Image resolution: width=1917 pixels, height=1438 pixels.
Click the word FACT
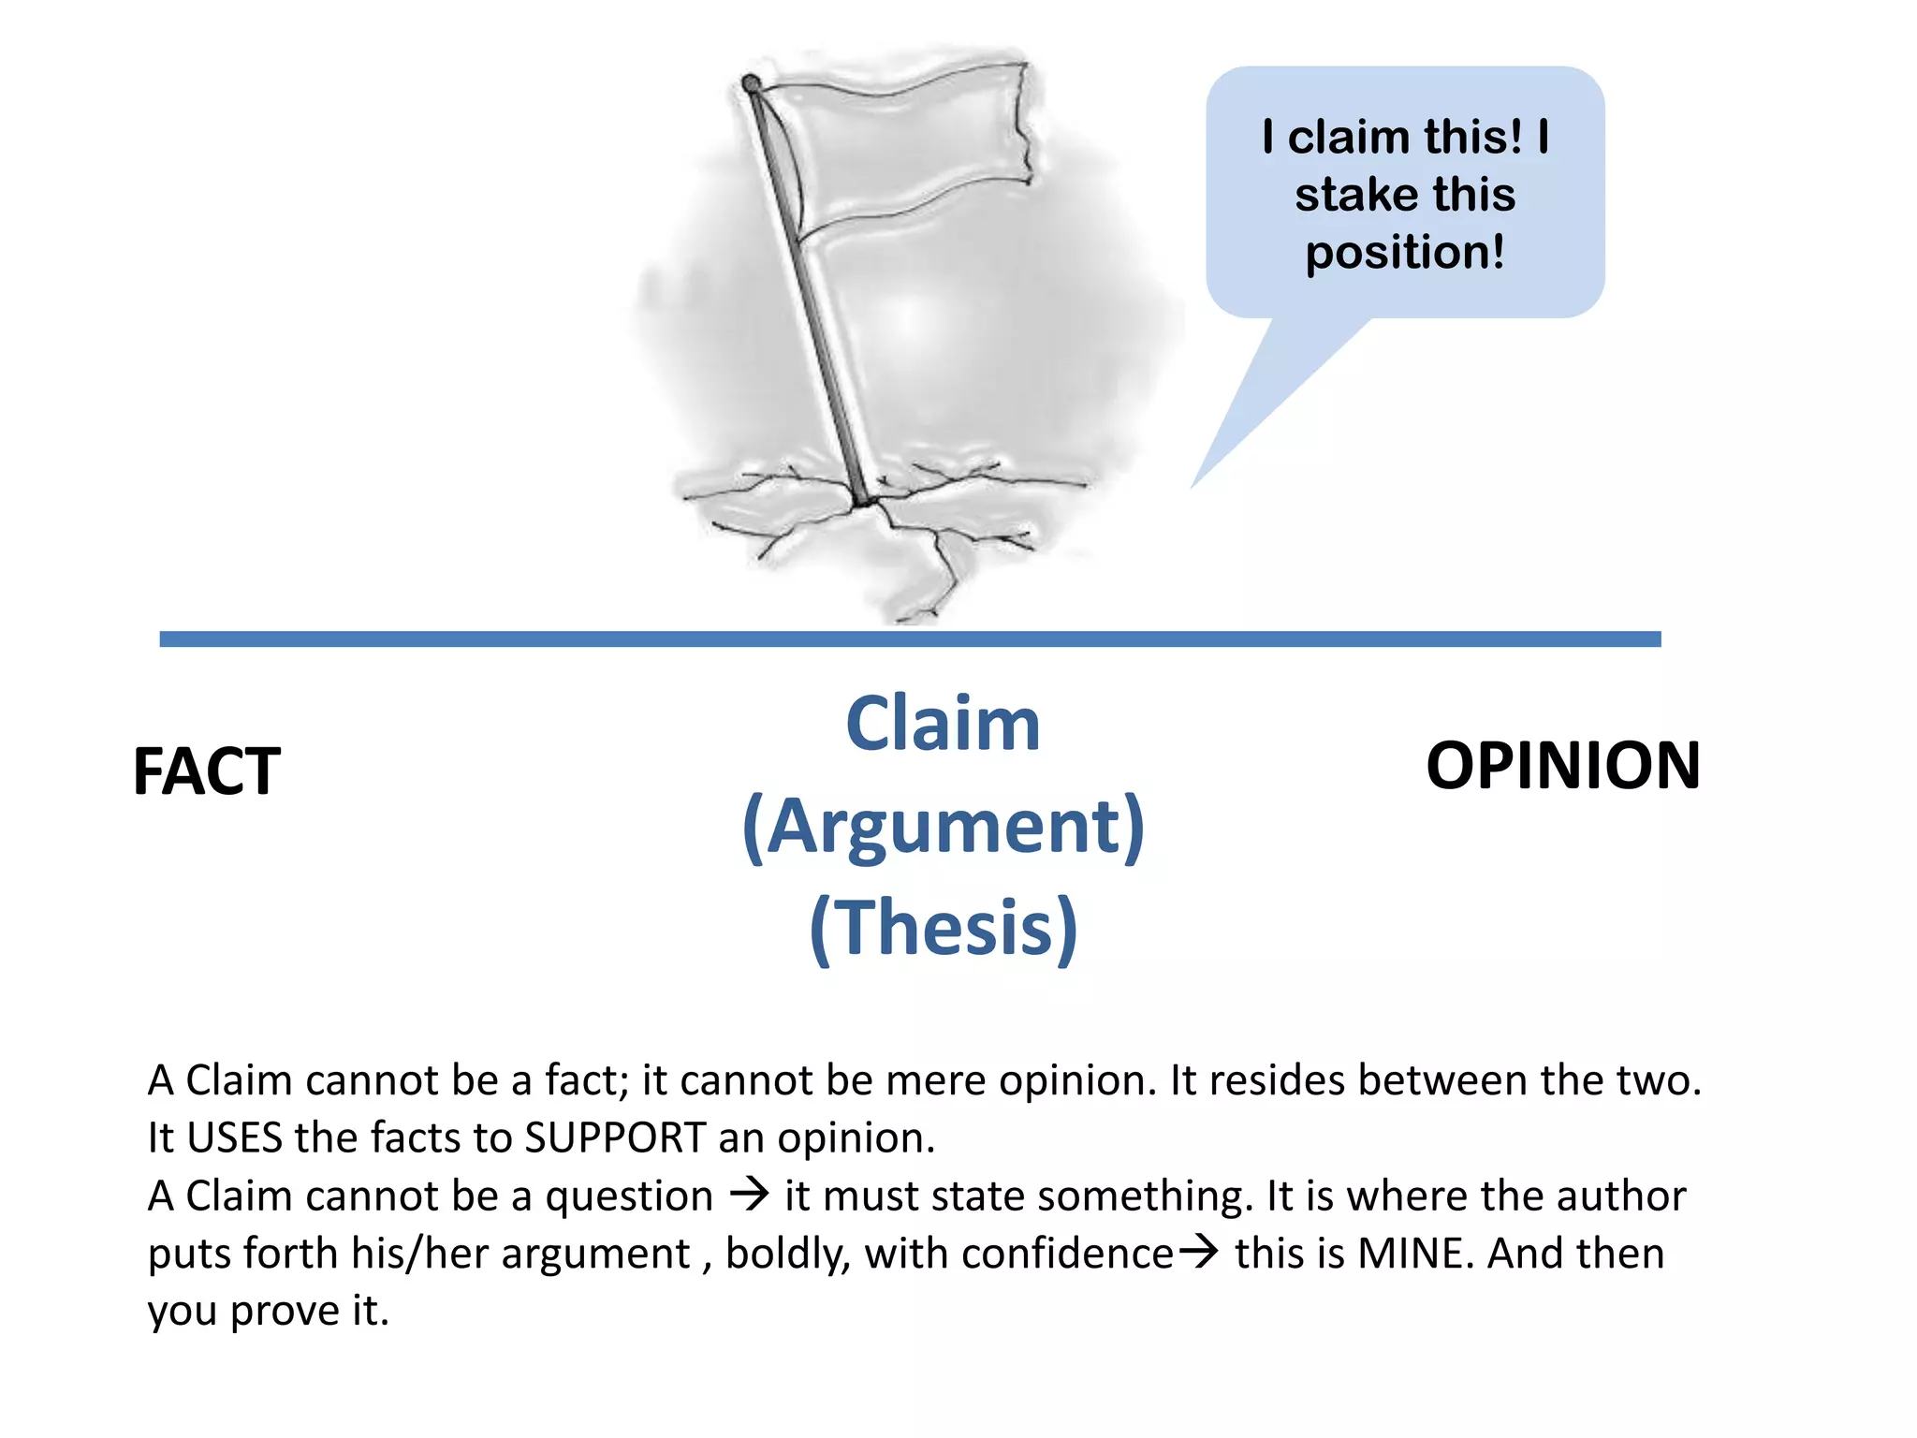tap(207, 772)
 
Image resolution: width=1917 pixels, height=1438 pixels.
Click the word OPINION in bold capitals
tap(1562, 767)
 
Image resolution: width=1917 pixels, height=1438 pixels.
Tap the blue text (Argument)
tap(943, 827)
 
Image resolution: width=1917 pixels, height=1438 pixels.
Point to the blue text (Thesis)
tap(943, 928)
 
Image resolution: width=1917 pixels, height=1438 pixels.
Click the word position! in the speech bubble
tap(1405, 253)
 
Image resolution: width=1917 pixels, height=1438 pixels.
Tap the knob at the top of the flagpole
tap(751, 84)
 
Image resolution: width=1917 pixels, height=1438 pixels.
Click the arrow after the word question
tap(749, 1194)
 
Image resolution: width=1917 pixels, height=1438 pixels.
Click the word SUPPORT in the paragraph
tap(614, 1138)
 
